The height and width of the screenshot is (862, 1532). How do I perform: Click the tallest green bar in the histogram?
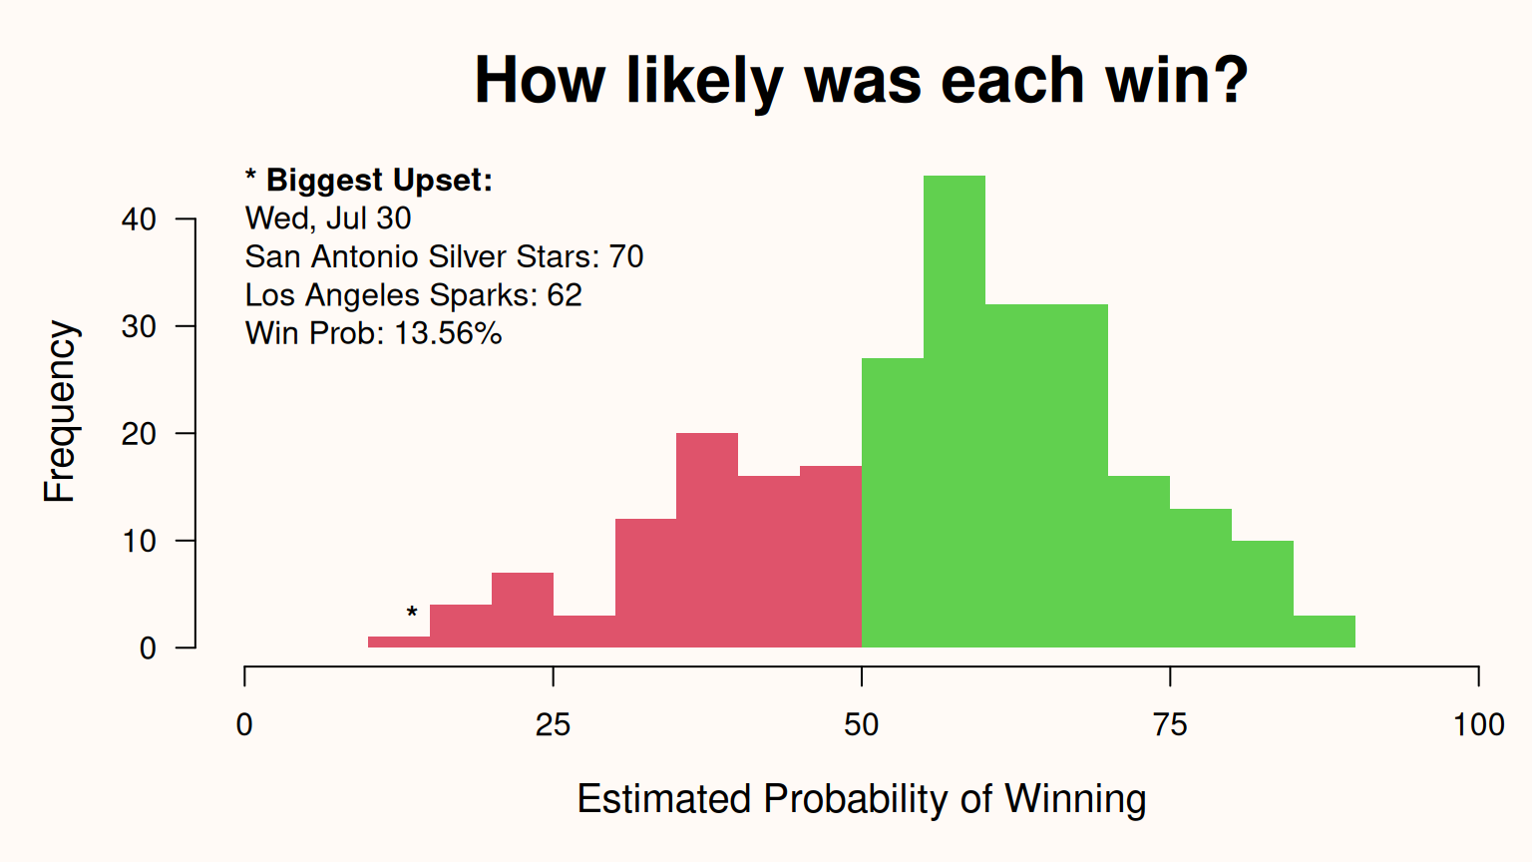pyautogui.click(x=955, y=411)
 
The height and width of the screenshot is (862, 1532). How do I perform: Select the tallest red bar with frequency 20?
pyautogui.click(x=707, y=540)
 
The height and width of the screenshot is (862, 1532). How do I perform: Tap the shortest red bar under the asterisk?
pyautogui.click(x=399, y=642)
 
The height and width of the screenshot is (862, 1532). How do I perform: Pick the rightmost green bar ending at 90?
pyautogui.click(x=1325, y=632)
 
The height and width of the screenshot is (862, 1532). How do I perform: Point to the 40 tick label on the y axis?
pyautogui.click(x=139, y=219)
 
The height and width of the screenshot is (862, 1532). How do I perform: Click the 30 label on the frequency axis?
pyautogui.click(x=139, y=327)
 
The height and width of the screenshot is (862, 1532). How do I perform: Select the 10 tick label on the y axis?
pyautogui.click(x=139, y=541)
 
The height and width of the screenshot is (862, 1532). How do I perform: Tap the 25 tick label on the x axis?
pyautogui.click(x=553, y=724)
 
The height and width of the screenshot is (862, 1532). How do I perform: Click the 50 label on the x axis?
pyautogui.click(x=861, y=724)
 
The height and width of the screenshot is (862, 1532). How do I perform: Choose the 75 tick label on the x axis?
pyautogui.click(x=1170, y=724)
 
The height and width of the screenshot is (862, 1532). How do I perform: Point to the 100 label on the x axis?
pyautogui.click(x=1479, y=724)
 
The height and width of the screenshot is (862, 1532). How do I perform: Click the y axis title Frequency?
pyautogui.click(x=60, y=411)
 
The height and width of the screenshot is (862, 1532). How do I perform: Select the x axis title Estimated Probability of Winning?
pyautogui.click(x=862, y=798)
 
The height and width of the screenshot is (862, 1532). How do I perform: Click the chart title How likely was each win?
pyautogui.click(x=862, y=81)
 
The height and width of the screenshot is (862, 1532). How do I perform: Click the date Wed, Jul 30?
pyautogui.click(x=328, y=218)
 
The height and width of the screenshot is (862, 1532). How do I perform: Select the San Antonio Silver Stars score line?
pyautogui.click(x=445, y=257)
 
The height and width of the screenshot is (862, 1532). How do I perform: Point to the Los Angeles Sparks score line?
pyautogui.click(x=414, y=295)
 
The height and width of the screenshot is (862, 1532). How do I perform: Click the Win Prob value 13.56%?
pyautogui.click(x=448, y=334)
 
